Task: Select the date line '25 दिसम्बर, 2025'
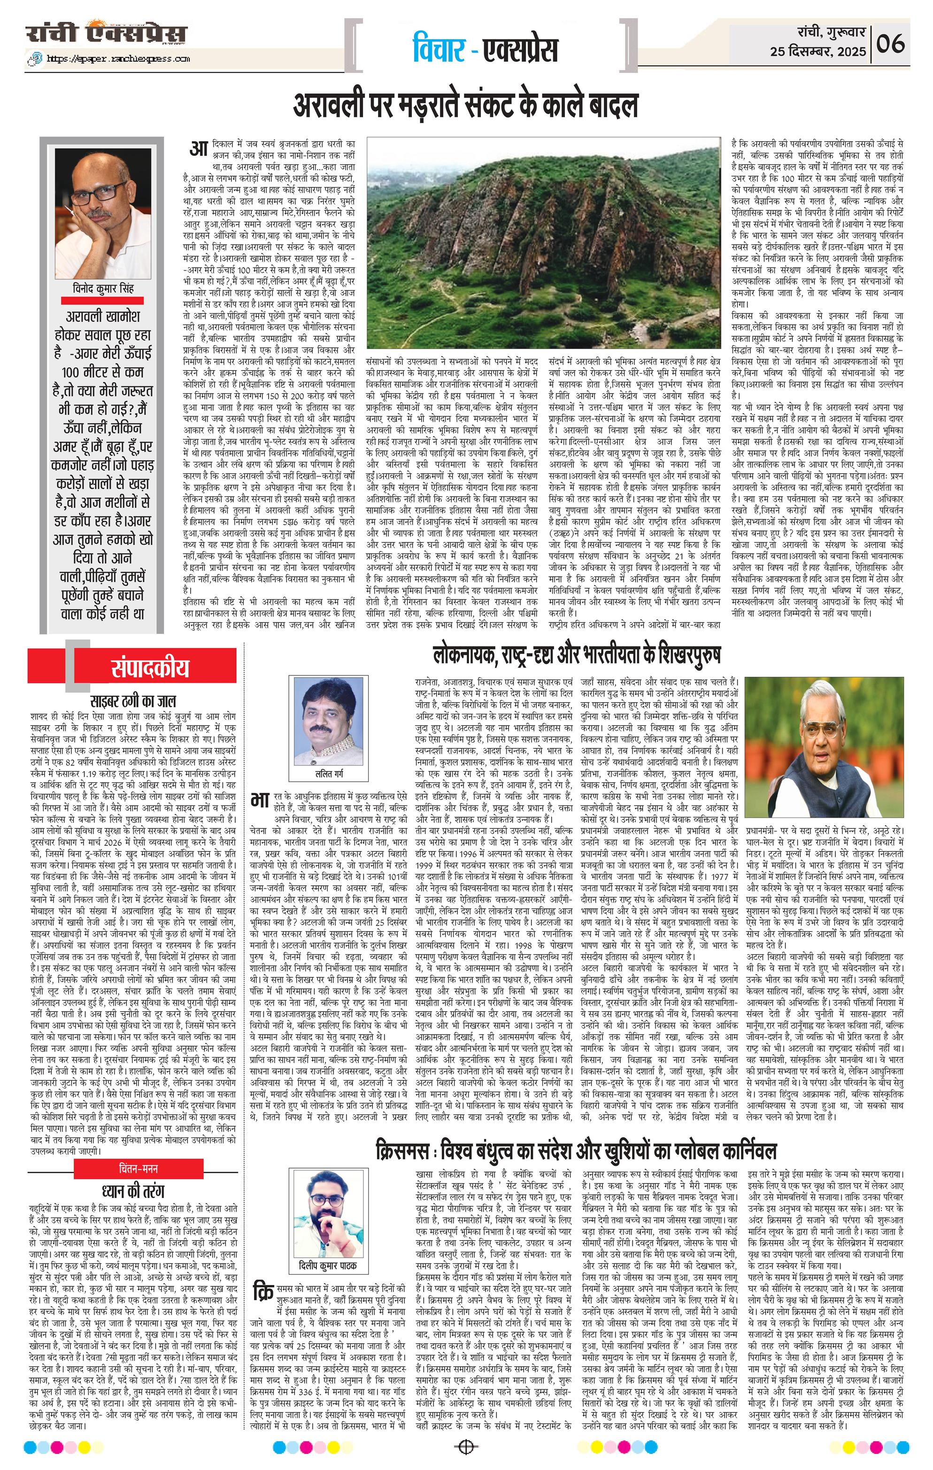[x=817, y=52]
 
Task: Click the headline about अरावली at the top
[x=466, y=105]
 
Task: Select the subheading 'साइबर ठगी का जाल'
[x=133, y=700]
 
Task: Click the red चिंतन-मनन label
[x=139, y=1168]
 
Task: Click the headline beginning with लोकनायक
[x=577, y=655]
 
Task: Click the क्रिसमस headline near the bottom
[x=576, y=1151]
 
